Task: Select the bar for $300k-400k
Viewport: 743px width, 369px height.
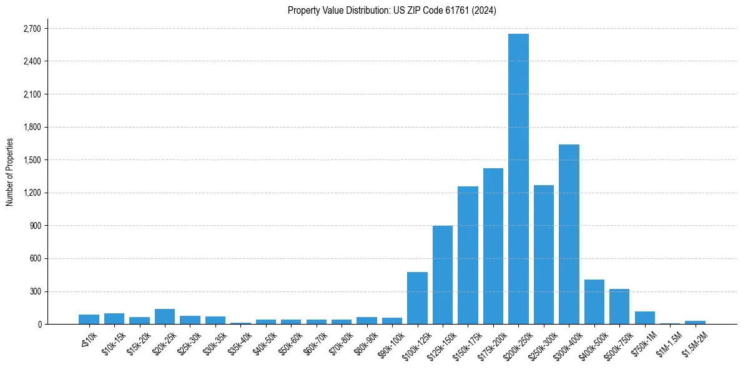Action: [x=569, y=235]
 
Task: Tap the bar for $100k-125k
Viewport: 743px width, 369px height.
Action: [x=417, y=298]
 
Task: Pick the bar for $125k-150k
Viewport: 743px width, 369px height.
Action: [x=443, y=275]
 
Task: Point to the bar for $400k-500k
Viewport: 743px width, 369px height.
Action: [x=594, y=302]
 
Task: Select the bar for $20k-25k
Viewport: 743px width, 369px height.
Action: [x=165, y=316]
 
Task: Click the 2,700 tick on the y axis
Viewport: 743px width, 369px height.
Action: [x=32, y=29]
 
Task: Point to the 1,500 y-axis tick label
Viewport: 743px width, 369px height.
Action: [x=32, y=160]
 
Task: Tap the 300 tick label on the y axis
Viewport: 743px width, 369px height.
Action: [x=35, y=291]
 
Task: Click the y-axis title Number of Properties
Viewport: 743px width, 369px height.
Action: [x=9, y=172]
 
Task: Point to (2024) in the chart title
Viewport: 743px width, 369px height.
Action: [x=485, y=11]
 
